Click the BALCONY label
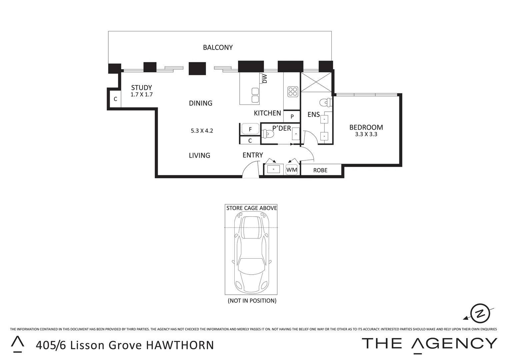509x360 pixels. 218,47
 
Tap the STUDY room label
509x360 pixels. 141,88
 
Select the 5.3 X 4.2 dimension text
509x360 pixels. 202,131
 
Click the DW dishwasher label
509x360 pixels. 265,79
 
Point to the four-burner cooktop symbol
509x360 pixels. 293,91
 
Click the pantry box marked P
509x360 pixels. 292,117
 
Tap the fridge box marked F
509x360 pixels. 250,129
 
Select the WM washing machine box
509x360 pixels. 292,170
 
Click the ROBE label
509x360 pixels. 320,170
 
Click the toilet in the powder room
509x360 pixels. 268,134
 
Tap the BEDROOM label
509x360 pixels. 366,127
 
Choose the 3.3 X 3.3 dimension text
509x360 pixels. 366,134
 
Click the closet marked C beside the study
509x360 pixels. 115,99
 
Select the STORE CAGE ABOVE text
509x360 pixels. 252,208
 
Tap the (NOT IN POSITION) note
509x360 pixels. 252,301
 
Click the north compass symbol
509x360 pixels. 480,313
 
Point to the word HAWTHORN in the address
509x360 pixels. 180,345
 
